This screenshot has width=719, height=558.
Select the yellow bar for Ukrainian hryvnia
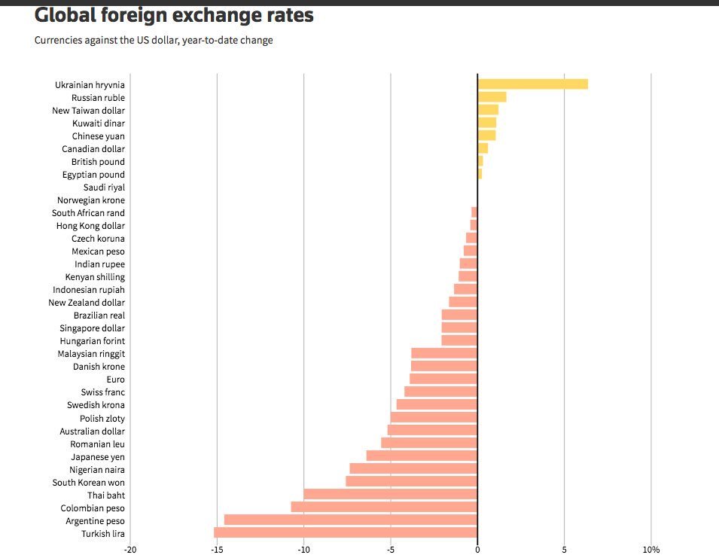click(532, 84)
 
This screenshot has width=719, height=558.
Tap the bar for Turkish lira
click(346, 533)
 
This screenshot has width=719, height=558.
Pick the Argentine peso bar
click(351, 520)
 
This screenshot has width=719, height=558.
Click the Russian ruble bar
click(492, 97)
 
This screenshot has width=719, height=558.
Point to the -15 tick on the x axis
click(217, 550)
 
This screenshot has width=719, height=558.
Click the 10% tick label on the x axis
click(650, 550)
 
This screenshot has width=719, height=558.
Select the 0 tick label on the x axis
click(477, 550)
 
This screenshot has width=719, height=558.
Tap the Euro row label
click(115, 380)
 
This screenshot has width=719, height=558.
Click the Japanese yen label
click(98, 456)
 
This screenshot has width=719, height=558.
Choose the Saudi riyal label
click(104, 187)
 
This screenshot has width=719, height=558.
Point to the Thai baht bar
click(390, 495)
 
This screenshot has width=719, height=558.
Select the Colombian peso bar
click(384, 508)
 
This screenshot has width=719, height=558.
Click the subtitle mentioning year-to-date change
click(154, 40)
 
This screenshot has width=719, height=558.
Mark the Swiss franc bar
click(440, 392)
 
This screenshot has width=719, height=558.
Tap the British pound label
click(98, 161)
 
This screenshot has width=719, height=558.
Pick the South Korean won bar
click(411, 482)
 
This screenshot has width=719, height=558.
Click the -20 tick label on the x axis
click(130, 550)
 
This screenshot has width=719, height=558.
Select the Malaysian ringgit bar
click(444, 353)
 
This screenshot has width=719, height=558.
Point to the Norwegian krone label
click(91, 200)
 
